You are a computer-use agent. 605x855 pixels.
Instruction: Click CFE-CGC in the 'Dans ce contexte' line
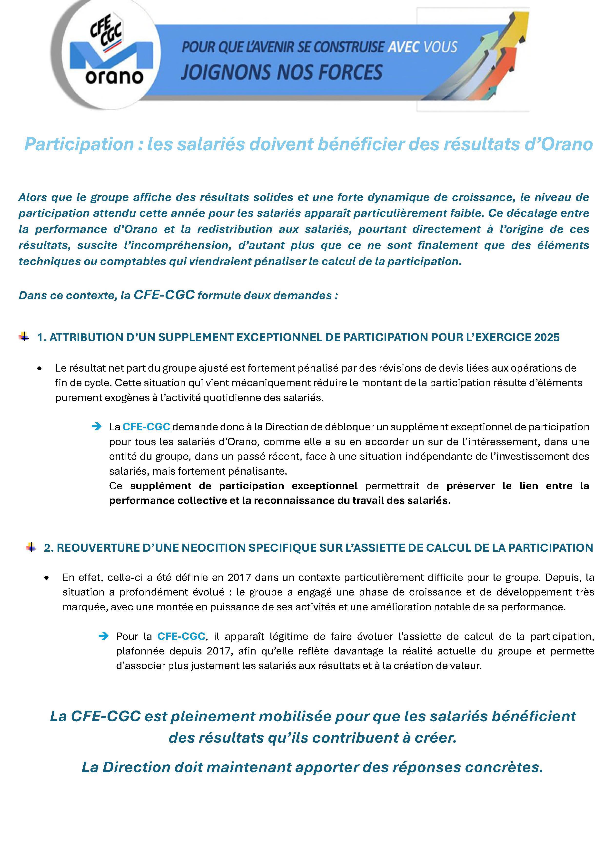click(x=164, y=295)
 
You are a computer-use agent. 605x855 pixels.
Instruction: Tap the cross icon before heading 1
click(x=24, y=337)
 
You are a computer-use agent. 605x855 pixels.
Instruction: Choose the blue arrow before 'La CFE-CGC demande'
click(x=97, y=426)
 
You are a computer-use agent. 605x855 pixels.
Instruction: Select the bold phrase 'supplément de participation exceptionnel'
click(x=244, y=486)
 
